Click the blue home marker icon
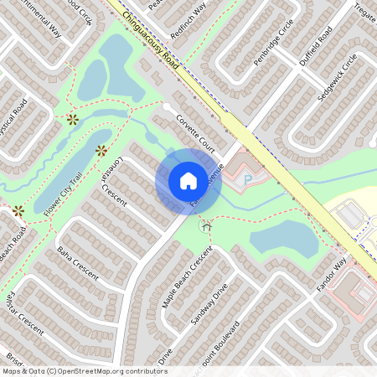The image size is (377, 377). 188,180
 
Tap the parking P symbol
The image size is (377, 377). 247,179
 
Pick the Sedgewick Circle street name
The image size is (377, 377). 338,78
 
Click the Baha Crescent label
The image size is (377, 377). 77,263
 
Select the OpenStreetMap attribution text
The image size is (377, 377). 84,371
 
